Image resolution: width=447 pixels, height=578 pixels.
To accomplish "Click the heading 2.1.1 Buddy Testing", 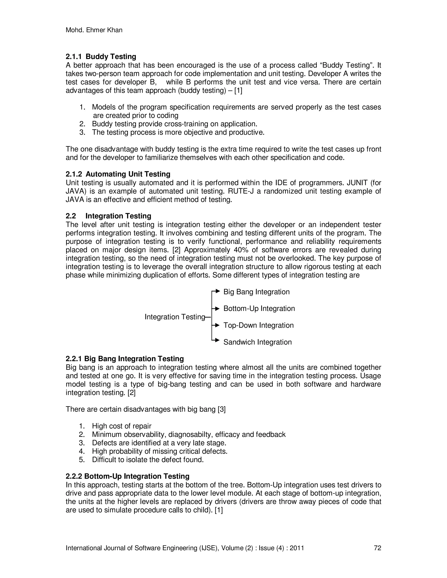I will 101,57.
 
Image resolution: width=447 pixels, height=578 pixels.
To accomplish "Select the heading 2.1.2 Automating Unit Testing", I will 118,174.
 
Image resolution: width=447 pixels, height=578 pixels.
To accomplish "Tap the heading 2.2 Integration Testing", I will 108,216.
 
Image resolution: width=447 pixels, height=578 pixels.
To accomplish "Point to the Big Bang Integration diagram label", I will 256,292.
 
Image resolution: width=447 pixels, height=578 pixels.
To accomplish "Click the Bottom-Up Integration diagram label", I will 259,309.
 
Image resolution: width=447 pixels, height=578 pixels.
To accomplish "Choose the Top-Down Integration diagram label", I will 258,325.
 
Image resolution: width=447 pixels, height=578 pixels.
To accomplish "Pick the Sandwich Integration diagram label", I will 257,342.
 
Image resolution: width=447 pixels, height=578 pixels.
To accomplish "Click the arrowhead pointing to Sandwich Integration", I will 217,340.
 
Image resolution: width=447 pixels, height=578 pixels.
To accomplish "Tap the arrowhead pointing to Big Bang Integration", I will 217,291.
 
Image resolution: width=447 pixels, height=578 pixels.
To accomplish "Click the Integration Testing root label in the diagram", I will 175,317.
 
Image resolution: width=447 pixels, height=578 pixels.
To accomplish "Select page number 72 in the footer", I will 377,548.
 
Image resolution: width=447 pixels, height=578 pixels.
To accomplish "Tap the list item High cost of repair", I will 122,426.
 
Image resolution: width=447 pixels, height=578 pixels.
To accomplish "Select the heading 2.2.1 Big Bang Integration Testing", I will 125,359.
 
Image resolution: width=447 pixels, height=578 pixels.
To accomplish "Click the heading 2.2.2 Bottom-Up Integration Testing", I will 127,476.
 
